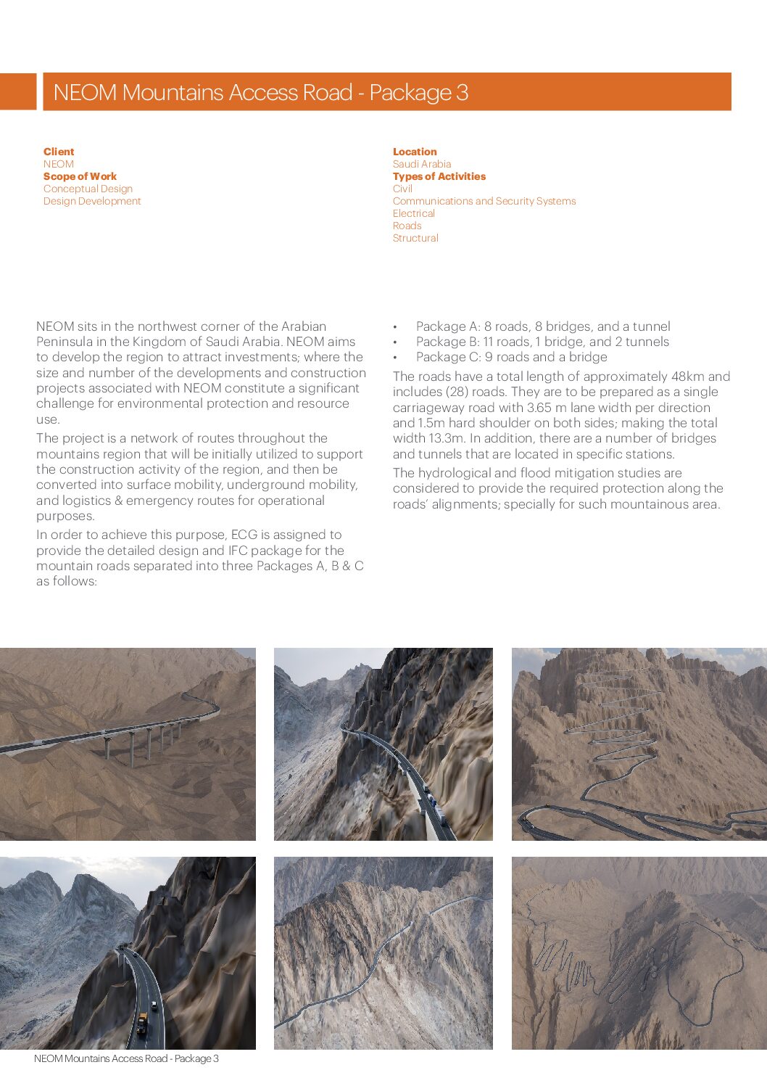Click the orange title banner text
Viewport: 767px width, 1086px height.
260,92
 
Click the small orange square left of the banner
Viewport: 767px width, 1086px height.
17,91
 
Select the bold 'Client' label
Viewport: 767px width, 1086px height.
59,152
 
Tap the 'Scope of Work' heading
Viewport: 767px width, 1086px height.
80,176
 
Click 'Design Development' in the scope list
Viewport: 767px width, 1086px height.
92,201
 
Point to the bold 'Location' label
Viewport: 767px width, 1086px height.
415,152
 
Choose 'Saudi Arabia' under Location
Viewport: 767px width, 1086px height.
422,164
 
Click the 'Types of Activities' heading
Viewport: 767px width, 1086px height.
439,176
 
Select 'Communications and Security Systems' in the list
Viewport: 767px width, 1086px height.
484,201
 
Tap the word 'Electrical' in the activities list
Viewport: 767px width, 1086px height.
414,213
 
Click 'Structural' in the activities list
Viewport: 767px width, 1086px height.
415,238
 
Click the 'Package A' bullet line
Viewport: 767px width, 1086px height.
542,326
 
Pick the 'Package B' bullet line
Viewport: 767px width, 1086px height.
542,342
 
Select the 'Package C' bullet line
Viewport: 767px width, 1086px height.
511,357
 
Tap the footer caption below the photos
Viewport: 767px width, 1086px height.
126,1058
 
